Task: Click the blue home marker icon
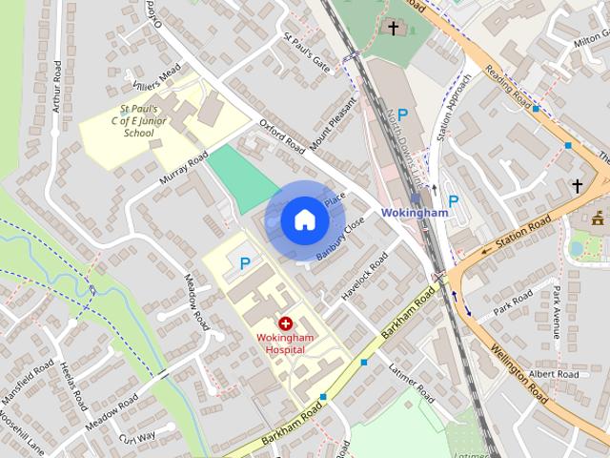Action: [304, 219]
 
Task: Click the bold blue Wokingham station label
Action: [414, 213]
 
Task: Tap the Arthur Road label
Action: [57, 86]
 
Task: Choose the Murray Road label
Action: [184, 166]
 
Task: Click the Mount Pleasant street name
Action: [340, 126]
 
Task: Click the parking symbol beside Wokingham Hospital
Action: [245, 263]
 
